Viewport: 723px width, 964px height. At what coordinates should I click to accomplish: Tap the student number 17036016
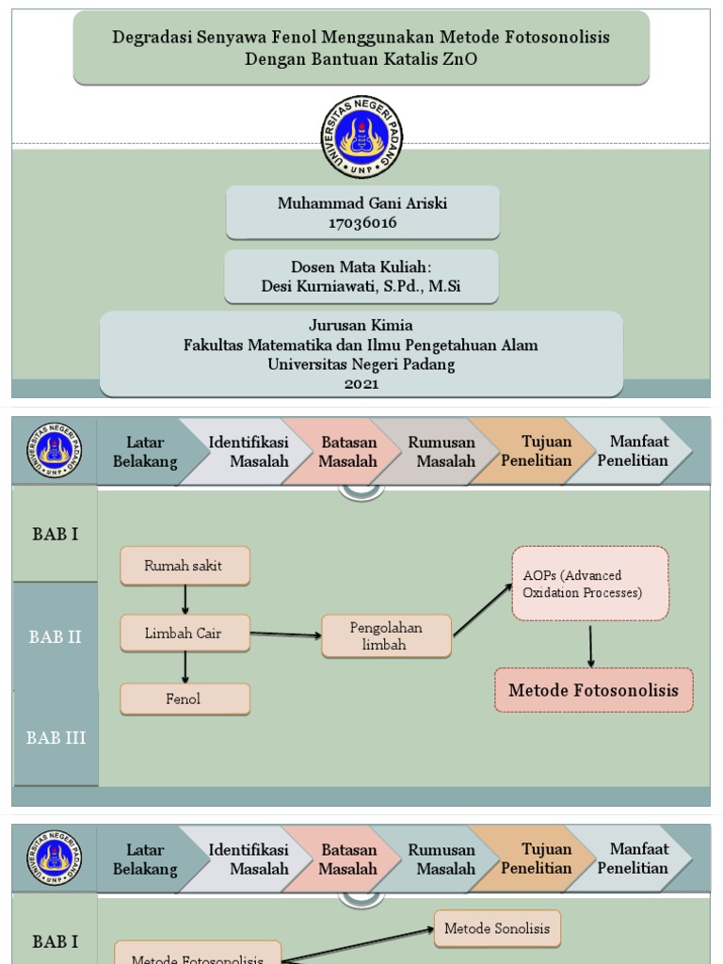(362, 223)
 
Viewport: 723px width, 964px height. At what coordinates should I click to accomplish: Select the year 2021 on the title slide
(361, 383)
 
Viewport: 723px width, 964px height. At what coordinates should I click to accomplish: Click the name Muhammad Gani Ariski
(362, 203)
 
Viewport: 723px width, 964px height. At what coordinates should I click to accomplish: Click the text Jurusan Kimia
(361, 325)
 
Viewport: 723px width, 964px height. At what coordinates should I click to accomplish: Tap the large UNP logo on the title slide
(361, 137)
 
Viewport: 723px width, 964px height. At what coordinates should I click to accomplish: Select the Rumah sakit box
(185, 566)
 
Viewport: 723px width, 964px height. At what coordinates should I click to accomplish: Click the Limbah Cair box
(185, 633)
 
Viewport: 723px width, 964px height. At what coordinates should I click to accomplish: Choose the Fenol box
(185, 699)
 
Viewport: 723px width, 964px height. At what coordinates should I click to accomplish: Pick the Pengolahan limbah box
(386, 635)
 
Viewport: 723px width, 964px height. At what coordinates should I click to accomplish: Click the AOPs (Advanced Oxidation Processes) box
(590, 584)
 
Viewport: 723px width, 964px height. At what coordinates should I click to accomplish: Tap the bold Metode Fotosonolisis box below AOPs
(593, 690)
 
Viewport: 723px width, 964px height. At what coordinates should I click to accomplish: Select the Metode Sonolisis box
(497, 928)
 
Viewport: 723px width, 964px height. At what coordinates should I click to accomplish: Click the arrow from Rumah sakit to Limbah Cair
(185, 600)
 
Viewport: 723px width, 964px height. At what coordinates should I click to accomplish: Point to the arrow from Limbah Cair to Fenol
(185, 667)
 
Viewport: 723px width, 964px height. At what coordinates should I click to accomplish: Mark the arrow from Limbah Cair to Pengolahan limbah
(285, 635)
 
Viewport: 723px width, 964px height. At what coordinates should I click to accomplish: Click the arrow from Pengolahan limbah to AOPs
(483, 610)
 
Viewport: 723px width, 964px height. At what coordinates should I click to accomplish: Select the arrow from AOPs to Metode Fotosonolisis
(591, 645)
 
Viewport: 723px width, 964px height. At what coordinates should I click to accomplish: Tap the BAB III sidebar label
(56, 738)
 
